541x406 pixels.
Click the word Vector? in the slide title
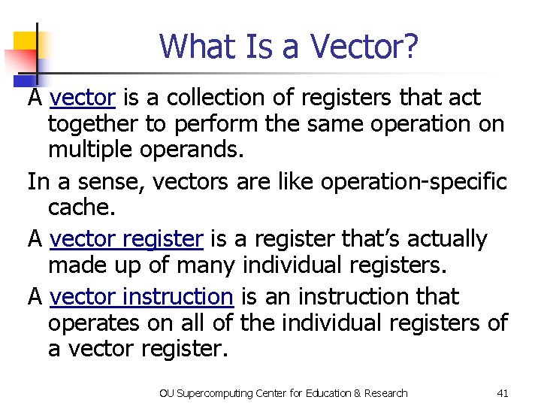click(364, 47)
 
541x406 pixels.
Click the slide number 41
click(503, 392)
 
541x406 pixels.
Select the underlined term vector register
click(126, 239)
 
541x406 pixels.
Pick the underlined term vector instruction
click(141, 297)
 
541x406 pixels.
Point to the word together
click(97, 124)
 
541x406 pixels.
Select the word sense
click(99, 181)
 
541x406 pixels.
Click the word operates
click(95, 323)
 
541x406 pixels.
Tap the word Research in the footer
click(384, 392)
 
